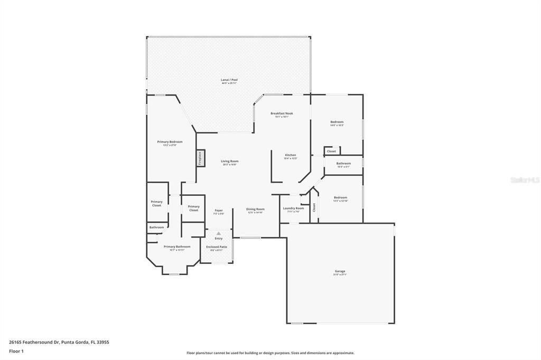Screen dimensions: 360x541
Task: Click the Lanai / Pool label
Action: [x=229, y=80]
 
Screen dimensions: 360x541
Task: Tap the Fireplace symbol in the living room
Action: [x=200, y=158]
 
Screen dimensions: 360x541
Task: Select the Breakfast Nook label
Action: [x=282, y=113]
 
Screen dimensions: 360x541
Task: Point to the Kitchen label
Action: [x=290, y=155]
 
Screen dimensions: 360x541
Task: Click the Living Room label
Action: [x=229, y=162]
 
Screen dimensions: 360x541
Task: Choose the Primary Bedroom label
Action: [x=170, y=142]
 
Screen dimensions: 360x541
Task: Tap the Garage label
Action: [x=340, y=271]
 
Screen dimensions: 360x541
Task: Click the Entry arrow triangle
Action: [x=218, y=233]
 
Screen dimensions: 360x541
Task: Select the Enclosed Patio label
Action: [x=217, y=247]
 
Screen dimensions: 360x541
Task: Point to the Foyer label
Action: [x=218, y=211]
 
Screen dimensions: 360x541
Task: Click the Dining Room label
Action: [x=255, y=209]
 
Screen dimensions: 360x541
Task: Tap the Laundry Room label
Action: [x=293, y=209]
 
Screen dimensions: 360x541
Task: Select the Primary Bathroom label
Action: [x=176, y=247]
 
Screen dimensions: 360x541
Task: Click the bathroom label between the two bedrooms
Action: [x=343, y=164]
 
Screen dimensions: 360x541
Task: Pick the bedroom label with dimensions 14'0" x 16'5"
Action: [x=337, y=122]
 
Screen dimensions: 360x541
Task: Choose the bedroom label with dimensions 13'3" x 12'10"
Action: [x=340, y=198]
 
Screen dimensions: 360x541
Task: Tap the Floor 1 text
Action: [x=16, y=351]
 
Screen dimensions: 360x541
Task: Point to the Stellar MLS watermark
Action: [x=524, y=180]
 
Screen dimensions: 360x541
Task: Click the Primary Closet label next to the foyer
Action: [x=193, y=207]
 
